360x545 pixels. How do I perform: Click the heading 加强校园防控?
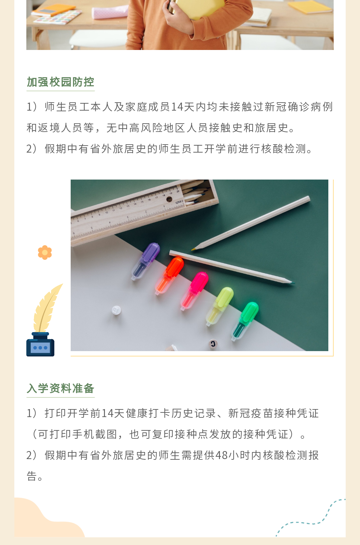point(60,82)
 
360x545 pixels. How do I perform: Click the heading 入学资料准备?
point(60,388)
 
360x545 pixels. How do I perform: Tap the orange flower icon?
point(45,252)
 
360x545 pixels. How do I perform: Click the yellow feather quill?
point(47,308)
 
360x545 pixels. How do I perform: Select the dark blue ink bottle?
point(40,344)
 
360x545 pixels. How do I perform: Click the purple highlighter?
point(146,261)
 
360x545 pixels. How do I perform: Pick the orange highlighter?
point(169,275)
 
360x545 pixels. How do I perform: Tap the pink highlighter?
point(194,291)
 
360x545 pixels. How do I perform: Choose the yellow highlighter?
point(220,306)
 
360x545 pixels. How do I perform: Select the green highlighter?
point(245,321)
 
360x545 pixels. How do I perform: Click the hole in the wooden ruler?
point(169,199)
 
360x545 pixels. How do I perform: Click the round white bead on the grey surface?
point(116,310)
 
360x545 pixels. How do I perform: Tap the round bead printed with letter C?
point(213,344)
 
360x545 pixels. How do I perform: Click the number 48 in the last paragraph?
point(222,455)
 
